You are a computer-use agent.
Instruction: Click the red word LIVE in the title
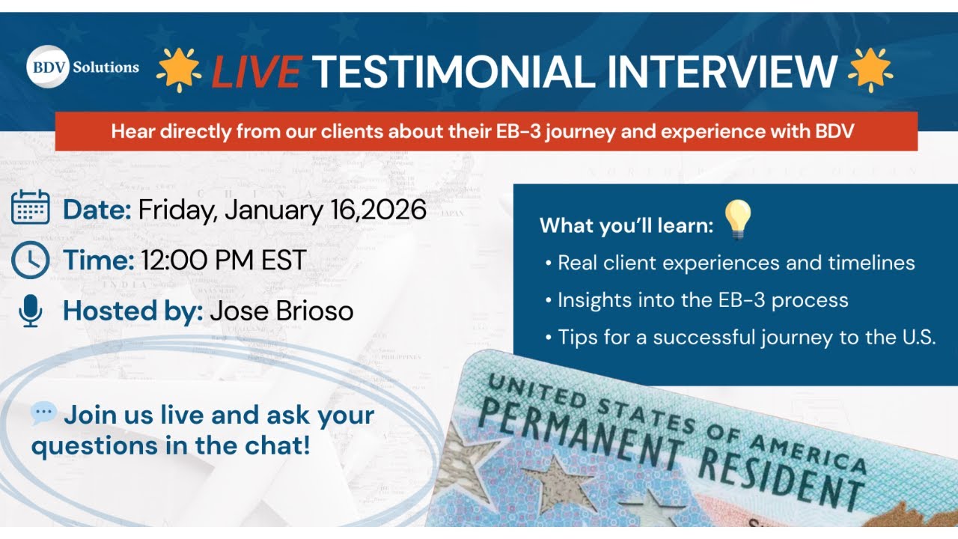[256, 72]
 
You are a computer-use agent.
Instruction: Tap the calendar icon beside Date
[31, 207]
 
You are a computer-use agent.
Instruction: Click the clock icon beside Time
[31, 260]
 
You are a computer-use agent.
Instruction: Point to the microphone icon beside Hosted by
[31, 310]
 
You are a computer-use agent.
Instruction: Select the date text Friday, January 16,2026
[281, 210]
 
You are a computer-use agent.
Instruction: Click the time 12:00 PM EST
[222, 261]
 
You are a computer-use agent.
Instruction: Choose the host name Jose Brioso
[281, 311]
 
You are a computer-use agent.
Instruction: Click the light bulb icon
[738, 220]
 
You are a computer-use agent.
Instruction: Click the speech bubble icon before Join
[43, 412]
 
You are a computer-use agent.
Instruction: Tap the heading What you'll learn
[626, 225]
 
